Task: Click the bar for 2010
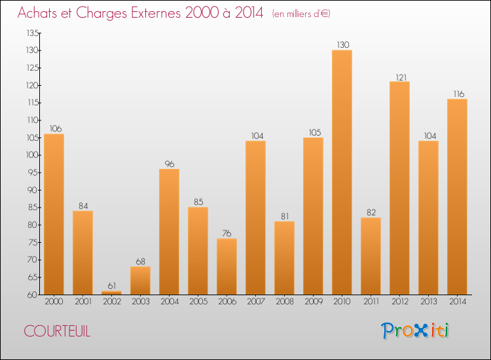coord(342,172)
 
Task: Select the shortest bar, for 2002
coord(111,293)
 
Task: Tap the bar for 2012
coord(399,188)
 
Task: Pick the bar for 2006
coord(227,266)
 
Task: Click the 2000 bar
coord(54,214)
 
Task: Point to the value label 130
coord(342,45)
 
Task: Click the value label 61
coord(111,286)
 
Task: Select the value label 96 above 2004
coord(169,164)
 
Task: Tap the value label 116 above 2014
coord(457,94)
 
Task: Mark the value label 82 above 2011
coord(371,212)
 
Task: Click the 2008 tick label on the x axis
coord(284,302)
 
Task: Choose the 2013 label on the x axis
coord(428,302)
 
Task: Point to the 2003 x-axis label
coord(140,302)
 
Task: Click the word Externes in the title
coord(151,13)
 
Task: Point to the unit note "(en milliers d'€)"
coord(301,14)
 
